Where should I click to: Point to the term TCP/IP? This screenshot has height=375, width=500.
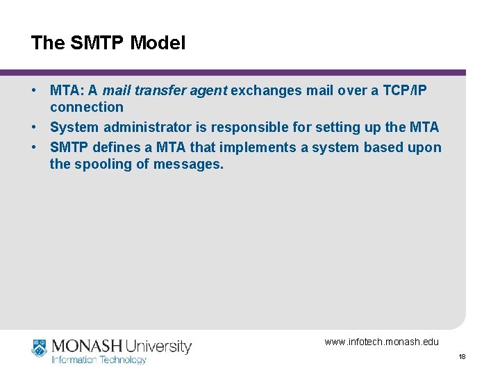[x=406, y=90]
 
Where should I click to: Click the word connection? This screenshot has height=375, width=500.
[x=86, y=107]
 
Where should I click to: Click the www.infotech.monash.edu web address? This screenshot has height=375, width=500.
[x=381, y=342]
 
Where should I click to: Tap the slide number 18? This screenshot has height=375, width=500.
[x=462, y=357]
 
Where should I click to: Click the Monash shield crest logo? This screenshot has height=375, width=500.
[x=39, y=348]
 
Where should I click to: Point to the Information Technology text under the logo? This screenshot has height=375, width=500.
[x=99, y=360]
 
